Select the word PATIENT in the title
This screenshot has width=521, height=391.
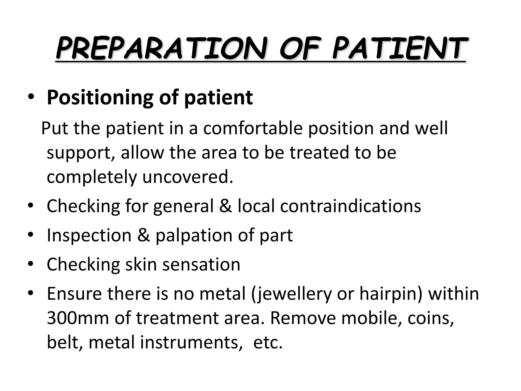tap(400, 48)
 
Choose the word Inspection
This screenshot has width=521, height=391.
tap(89, 235)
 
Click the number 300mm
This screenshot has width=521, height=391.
tap(78, 318)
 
